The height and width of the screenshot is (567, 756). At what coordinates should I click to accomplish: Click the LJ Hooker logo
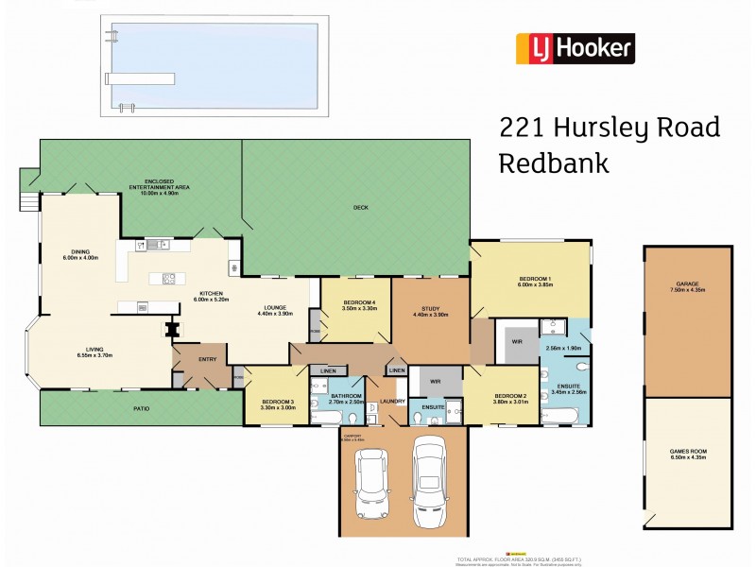tap(575, 48)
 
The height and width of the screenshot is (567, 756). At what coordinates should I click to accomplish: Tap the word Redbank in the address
tap(553, 163)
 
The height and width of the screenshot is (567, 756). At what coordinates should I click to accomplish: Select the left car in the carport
tap(369, 483)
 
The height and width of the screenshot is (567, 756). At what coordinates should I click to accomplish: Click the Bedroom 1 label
tap(535, 278)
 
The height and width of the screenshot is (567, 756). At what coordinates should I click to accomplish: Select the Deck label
tap(360, 207)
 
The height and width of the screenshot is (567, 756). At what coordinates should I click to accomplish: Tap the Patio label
tap(141, 407)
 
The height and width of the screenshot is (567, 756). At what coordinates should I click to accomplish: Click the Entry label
tap(208, 359)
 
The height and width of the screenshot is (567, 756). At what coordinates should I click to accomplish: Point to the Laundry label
tap(393, 402)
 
